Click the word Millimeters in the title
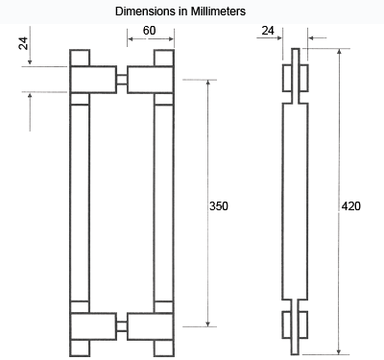coord(218,12)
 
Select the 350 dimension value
coord(219,206)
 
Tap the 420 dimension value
coord(351,206)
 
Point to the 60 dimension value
coord(150,31)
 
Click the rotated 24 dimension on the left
coord(23,43)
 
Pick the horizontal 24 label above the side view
coord(268,31)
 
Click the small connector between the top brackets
coord(122,80)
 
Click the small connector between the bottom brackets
coord(122,326)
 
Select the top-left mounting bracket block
coord(93,80)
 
